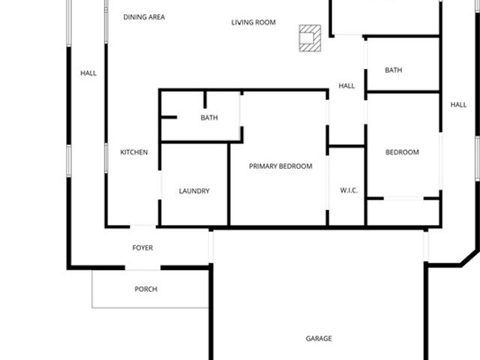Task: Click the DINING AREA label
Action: [x=144, y=17]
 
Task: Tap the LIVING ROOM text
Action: [x=253, y=22]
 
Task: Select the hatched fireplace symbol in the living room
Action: [x=310, y=38]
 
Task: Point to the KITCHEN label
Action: [x=134, y=152]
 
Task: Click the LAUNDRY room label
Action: [x=194, y=191]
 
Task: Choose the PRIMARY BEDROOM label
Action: [x=280, y=166]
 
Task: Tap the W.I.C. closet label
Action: [x=349, y=190]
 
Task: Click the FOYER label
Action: [x=142, y=247]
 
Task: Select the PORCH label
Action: [x=146, y=289]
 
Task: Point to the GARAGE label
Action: [x=319, y=338]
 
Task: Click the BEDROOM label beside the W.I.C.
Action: [x=402, y=152]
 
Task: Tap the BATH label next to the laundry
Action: [x=209, y=118]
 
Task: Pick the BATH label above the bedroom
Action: [x=394, y=70]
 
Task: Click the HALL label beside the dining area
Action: [x=88, y=73]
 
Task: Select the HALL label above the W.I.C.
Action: [x=346, y=85]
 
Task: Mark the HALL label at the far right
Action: [x=458, y=105]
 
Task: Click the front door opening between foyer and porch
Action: [x=142, y=268]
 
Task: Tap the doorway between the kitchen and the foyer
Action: [x=143, y=226]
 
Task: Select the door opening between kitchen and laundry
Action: [x=160, y=185]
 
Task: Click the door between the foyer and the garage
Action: [x=211, y=247]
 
